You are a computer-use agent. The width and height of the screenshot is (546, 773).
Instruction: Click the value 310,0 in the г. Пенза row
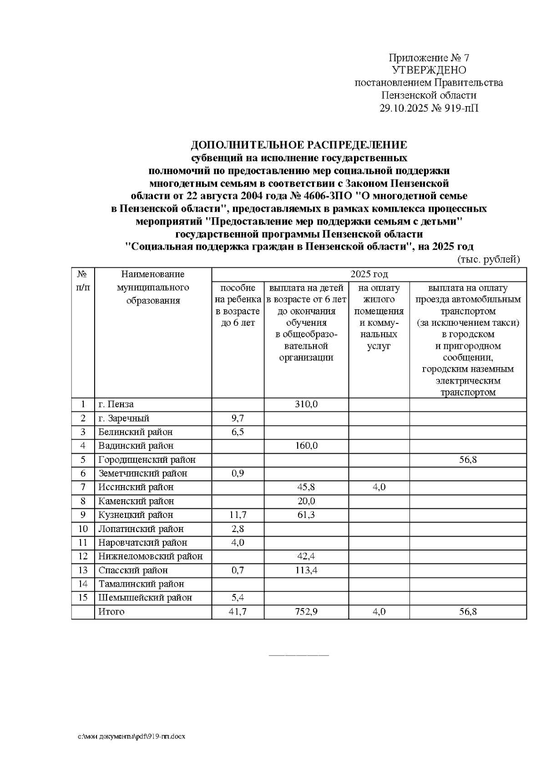point(306,404)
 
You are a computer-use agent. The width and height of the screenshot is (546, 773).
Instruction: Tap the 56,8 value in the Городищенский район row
point(468,460)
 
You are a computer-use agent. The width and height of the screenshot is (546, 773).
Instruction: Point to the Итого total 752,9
point(306,612)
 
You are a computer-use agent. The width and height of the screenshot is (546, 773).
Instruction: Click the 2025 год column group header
point(369,274)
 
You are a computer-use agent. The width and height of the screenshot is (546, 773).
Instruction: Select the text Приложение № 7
point(429,58)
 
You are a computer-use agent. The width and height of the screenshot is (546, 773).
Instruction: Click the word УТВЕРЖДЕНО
point(429,70)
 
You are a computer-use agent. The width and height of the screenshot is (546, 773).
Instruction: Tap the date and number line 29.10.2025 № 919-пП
point(429,108)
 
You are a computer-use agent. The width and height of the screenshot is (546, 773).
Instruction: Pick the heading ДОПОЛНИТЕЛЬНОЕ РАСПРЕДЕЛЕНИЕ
point(298,145)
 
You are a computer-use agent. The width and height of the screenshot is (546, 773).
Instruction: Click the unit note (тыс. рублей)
point(488,260)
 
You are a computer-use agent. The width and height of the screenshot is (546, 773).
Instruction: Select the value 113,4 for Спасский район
point(306,570)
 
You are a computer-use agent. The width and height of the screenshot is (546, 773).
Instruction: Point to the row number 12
point(83,556)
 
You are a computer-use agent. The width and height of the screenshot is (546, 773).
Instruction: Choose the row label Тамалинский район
point(141,584)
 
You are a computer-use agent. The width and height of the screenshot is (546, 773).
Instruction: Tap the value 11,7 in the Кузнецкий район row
point(238,515)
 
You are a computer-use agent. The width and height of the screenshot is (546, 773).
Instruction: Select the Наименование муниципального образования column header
point(153,287)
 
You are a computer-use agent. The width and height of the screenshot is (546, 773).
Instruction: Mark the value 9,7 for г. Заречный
point(238,418)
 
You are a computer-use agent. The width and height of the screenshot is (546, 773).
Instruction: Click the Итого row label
point(111,612)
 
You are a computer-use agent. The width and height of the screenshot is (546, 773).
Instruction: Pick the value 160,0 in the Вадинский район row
point(306,445)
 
